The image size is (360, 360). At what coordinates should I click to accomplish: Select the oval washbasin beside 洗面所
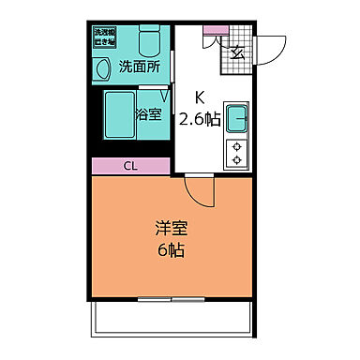[x=101, y=68]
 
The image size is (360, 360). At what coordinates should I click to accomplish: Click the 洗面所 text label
[x=138, y=67]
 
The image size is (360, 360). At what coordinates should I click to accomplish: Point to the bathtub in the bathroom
[x=119, y=113]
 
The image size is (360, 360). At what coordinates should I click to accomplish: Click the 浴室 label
[x=149, y=115]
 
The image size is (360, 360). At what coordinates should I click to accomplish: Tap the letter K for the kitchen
[x=200, y=97]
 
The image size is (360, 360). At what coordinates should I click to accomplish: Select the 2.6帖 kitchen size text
[x=200, y=118]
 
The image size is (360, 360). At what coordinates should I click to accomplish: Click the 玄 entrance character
[x=237, y=52]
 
